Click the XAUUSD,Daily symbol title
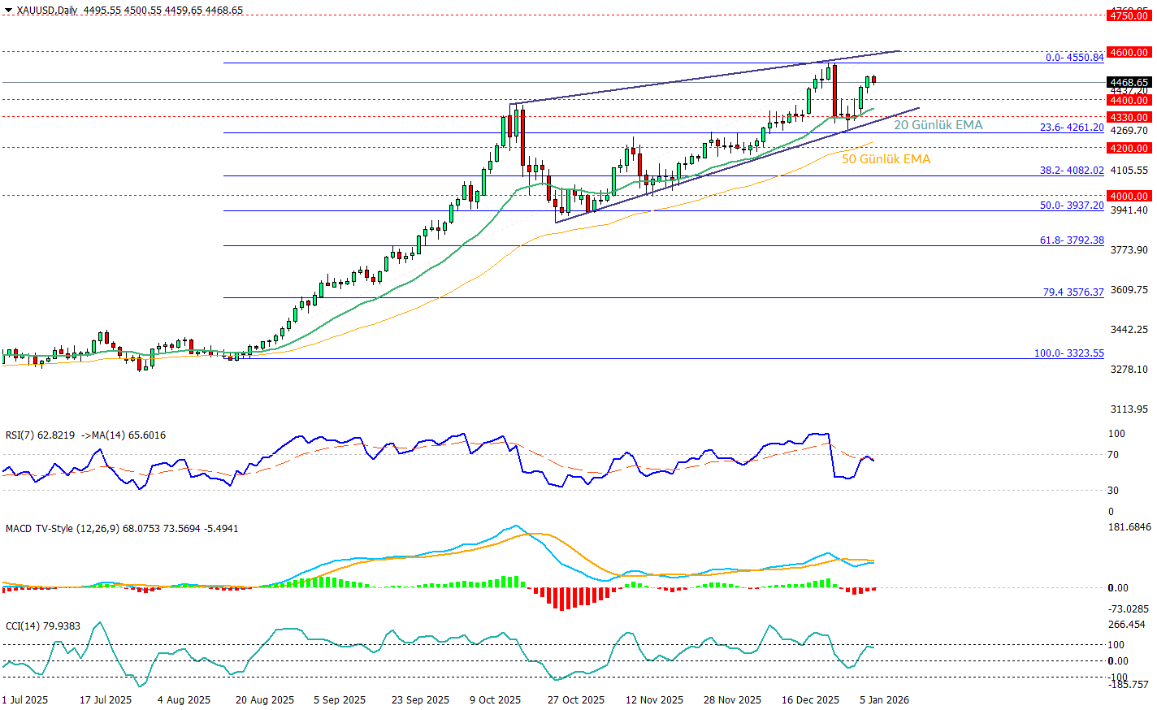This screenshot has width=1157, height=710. pos(47,11)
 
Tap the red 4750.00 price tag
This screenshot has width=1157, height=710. pos(1129,15)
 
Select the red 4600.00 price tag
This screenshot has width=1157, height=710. pos(1129,52)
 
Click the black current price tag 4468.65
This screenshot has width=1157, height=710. pos(1129,82)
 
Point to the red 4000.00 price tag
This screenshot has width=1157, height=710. pos(1129,196)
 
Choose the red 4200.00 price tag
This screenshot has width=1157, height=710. pos(1129,148)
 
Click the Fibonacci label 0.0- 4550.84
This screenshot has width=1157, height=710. pos(1074,57)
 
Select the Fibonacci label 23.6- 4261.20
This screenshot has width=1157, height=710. pos(1072,128)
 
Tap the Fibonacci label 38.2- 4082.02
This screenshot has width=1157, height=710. pos(1072,171)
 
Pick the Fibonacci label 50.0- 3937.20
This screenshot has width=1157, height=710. pos(1072,206)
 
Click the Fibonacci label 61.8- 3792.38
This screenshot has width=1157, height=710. pos(1072,240)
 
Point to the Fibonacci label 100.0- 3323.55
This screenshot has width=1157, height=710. pos(1068,353)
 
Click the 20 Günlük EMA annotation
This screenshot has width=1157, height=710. pos(938,125)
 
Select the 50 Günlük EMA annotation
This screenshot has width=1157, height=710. pos(886,159)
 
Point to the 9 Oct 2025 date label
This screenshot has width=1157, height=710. pos(495,700)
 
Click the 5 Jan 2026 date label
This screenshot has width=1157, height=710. pos(885,700)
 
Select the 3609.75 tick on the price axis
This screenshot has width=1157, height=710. pos(1129,290)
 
